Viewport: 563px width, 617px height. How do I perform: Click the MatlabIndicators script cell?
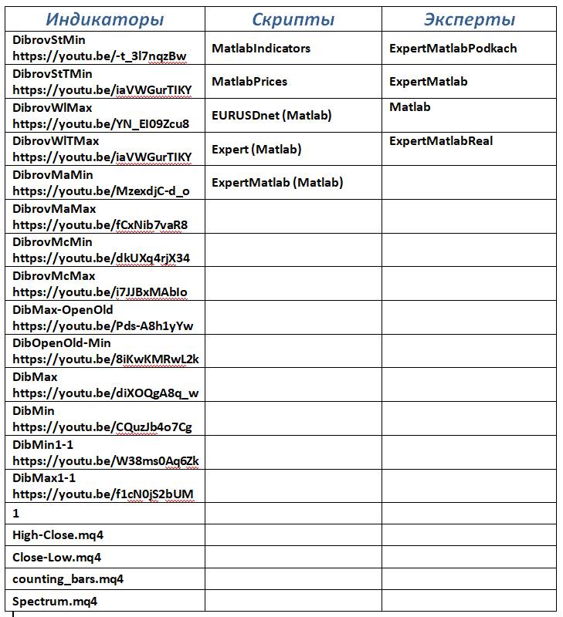(261, 48)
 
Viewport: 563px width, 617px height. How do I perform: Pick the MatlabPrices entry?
(249, 81)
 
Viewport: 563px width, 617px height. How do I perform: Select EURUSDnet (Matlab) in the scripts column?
(272, 115)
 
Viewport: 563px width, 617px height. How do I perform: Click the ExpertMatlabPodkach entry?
(453, 48)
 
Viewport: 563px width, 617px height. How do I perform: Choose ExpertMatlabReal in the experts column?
(441, 140)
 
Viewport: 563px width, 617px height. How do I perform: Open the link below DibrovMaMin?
(101, 190)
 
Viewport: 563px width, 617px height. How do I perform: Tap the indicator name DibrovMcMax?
(54, 275)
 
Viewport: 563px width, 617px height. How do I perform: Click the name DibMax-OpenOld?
(63, 309)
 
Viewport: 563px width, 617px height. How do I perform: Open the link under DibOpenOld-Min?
(106, 359)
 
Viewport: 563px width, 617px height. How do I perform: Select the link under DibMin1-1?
(106, 461)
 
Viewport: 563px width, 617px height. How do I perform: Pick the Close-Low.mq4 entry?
(56, 557)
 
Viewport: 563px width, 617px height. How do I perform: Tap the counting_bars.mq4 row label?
(68, 578)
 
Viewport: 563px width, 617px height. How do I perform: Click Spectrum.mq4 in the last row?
(55, 601)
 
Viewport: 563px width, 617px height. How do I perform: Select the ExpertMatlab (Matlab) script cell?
(277, 182)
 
